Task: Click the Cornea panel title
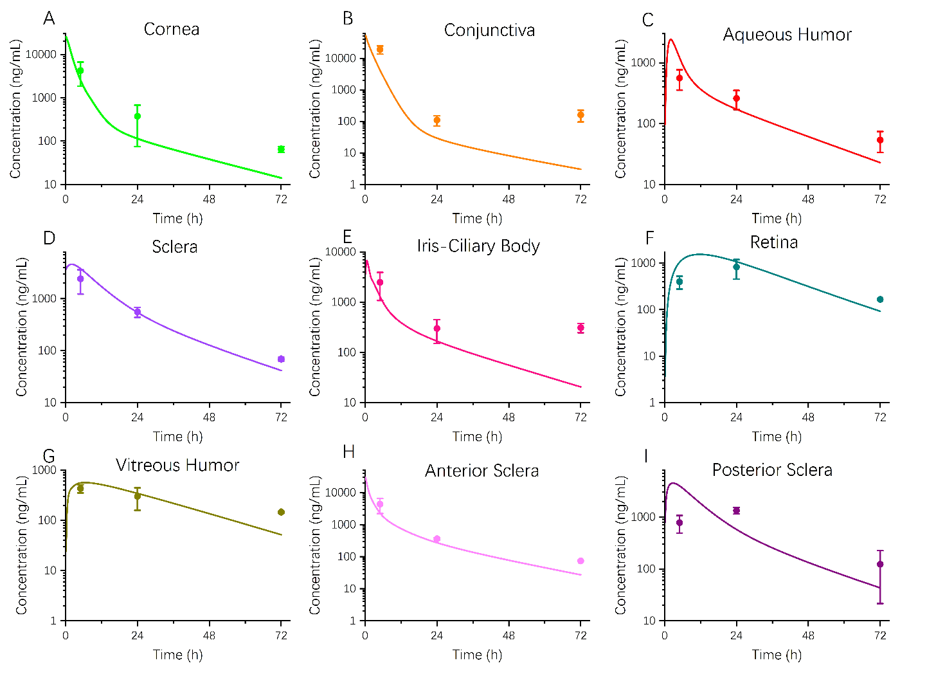[x=171, y=29]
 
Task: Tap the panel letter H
[x=349, y=452]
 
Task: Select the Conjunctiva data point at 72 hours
[x=580, y=115]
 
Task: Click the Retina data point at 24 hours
[x=736, y=267]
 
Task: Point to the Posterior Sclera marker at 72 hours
[x=880, y=564]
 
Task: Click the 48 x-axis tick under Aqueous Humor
[x=808, y=199]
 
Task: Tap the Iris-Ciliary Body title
[x=478, y=246]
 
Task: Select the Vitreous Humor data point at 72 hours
[x=281, y=512]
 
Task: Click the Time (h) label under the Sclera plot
[x=177, y=437]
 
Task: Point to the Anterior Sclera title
[x=482, y=471]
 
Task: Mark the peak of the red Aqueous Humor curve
[x=670, y=39]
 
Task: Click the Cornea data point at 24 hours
[x=138, y=116]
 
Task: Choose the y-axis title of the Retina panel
[x=620, y=327]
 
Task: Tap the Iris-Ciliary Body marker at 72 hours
[x=580, y=328]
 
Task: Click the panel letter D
[x=50, y=238]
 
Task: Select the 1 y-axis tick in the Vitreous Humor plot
[x=53, y=621]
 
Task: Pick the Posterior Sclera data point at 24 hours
[x=736, y=511]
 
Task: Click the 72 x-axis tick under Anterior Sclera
[x=580, y=635]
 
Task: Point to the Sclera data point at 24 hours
[x=138, y=312]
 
